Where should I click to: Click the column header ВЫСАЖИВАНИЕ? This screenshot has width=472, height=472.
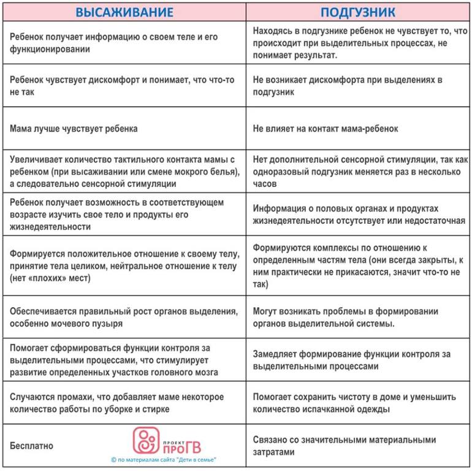124,12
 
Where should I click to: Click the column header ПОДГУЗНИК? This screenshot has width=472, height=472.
358,12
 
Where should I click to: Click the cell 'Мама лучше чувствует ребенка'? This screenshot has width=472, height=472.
74,129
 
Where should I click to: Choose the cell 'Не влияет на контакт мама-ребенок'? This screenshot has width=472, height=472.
325,129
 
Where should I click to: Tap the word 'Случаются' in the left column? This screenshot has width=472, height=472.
30,397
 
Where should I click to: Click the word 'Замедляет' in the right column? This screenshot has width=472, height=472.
276,354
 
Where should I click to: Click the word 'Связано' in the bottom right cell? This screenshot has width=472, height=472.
271,440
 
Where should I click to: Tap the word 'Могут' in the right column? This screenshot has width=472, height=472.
266,311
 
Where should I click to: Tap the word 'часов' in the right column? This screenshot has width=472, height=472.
265,183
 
